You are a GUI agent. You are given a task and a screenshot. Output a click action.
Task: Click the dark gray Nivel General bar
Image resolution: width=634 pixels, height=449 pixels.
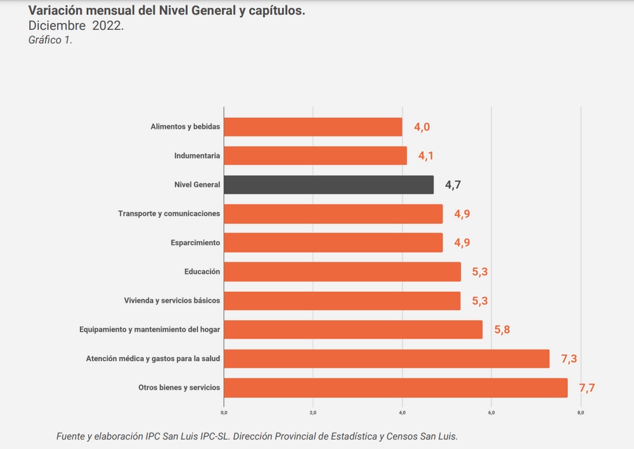[328, 185]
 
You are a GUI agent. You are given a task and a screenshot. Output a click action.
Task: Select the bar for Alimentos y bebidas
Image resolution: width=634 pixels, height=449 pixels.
[313, 127]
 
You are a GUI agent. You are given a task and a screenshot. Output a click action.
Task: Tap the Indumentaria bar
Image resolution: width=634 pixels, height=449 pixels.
[315, 155]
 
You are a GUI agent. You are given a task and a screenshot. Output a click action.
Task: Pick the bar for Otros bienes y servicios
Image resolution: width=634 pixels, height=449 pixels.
[396, 387]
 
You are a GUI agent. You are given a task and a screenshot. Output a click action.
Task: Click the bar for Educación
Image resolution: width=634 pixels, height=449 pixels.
[342, 271]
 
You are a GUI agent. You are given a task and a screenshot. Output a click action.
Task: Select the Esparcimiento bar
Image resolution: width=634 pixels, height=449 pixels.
[333, 242]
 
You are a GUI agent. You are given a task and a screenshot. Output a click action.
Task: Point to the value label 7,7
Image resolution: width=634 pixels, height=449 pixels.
[586, 387]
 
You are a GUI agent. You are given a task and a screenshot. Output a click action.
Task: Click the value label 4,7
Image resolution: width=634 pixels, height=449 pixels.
[453, 185]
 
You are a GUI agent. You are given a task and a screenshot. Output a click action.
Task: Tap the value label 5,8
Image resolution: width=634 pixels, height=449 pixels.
[502, 330]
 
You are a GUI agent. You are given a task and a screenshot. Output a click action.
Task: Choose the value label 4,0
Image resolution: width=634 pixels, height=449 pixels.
[422, 127]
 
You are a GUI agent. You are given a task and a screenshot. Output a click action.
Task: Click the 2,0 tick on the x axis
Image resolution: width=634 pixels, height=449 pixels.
[313, 413]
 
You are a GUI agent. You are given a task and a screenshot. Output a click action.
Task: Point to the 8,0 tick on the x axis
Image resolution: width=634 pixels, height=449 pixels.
[581, 413]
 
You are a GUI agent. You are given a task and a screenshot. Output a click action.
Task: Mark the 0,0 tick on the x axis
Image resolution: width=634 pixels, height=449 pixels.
[224, 413]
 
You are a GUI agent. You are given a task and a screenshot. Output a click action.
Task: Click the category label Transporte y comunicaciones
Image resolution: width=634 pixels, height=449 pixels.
[169, 214]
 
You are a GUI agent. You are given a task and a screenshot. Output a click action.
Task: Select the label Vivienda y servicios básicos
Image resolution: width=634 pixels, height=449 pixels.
[172, 300]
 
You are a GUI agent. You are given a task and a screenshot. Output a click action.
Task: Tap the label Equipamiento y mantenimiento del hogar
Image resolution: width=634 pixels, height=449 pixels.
[150, 329]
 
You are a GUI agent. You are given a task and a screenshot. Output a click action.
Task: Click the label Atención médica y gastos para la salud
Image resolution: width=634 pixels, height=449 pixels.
[153, 359]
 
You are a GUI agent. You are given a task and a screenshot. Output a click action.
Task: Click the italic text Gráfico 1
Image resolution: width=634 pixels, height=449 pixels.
[50, 40]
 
